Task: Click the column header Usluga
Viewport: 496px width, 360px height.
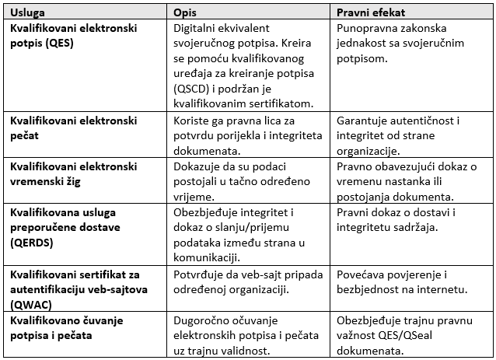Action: (x=27, y=13)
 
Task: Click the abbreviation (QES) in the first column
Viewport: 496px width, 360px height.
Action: (x=60, y=44)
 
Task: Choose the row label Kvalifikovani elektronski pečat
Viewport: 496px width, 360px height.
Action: (x=73, y=128)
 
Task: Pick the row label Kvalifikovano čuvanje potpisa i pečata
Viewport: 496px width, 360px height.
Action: (x=72, y=327)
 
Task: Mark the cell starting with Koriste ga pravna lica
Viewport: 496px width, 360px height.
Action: (x=248, y=135)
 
